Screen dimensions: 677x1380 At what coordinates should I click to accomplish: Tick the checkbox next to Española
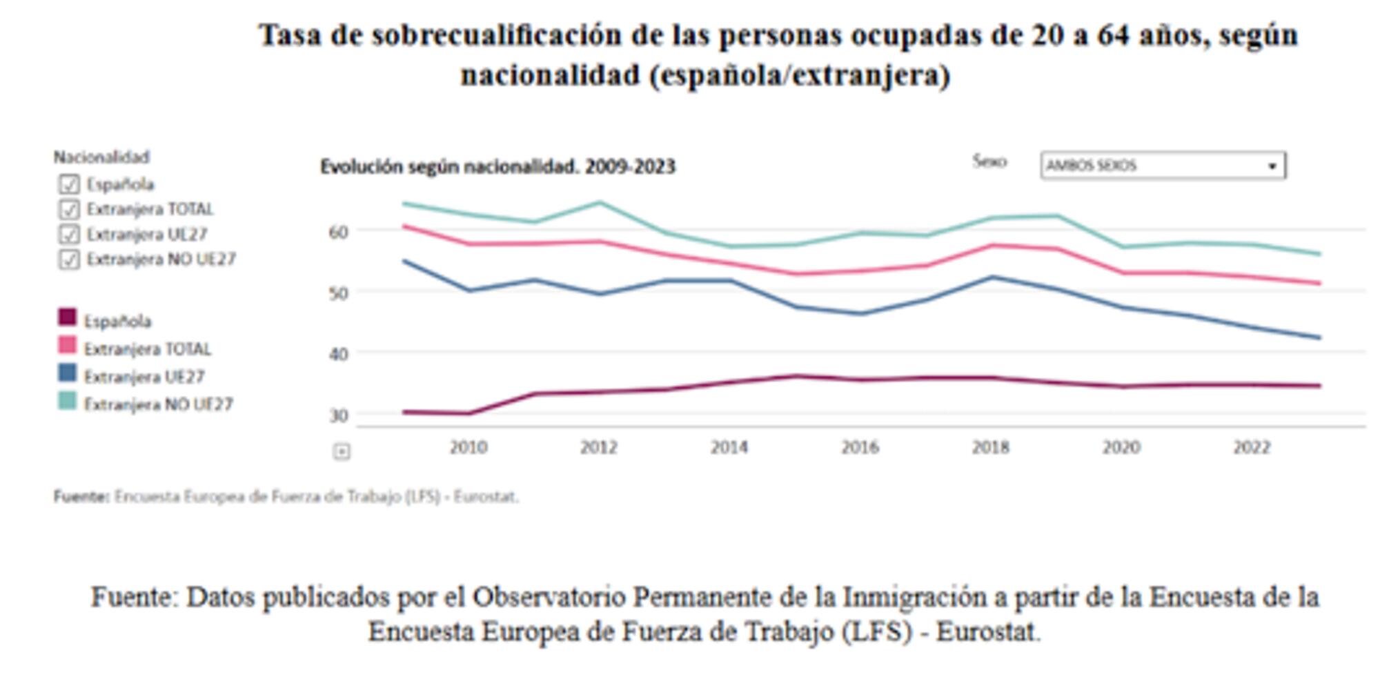68,184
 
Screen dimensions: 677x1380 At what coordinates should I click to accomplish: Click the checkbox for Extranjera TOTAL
68,209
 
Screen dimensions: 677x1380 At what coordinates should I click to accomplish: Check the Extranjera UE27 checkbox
68,234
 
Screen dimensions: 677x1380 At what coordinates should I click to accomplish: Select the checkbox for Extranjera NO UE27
68,259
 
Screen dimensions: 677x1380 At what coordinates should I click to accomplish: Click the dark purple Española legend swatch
67,317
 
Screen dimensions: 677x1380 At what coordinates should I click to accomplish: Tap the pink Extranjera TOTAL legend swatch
67,345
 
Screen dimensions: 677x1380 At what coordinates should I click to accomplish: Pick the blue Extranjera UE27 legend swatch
67,373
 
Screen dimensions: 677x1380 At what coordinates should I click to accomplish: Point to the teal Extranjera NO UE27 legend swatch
67,401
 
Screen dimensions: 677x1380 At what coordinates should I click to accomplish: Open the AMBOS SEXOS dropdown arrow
1272,166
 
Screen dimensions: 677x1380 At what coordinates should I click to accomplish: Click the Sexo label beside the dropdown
989,161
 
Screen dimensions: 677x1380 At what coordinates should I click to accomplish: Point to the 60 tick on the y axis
338,232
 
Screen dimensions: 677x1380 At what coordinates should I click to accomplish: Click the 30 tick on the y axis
338,415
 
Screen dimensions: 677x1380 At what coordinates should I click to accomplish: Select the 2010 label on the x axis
469,447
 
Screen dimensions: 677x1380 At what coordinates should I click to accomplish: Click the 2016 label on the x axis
860,447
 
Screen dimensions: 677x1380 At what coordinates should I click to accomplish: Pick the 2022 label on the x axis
1252,447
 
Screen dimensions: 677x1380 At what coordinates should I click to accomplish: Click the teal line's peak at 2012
600,203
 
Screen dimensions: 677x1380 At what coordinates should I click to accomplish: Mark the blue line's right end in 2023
1319,337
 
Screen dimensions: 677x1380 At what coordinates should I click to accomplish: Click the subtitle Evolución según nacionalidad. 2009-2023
497,167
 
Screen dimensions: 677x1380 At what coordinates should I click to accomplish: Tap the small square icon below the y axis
342,451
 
